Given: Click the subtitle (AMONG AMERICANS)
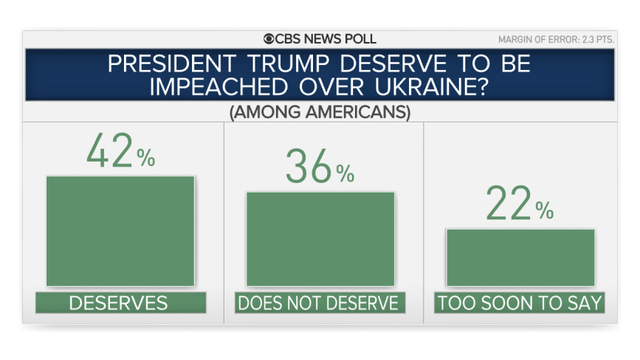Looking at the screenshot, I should (320, 112).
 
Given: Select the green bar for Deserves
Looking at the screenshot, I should (120, 231).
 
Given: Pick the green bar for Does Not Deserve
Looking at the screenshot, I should (320, 239).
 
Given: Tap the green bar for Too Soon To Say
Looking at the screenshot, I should (520, 258).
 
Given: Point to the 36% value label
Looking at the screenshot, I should (320, 168).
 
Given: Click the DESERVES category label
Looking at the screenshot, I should (120, 303).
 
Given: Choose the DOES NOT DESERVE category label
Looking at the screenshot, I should (320, 303).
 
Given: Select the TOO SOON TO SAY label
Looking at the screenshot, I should (520, 303).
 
